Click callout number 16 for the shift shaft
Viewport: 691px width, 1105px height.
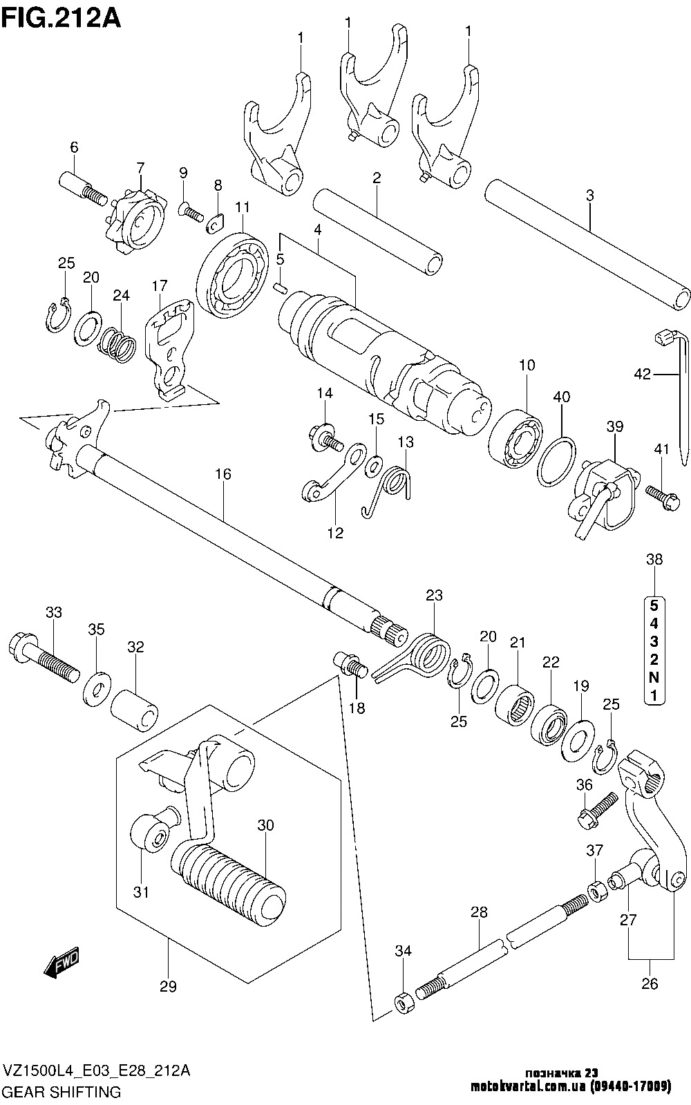(x=223, y=474)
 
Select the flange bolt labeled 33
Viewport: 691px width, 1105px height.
(x=41, y=656)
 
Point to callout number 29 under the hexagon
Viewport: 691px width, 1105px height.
(x=168, y=987)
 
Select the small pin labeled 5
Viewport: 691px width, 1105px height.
(x=281, y=287)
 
